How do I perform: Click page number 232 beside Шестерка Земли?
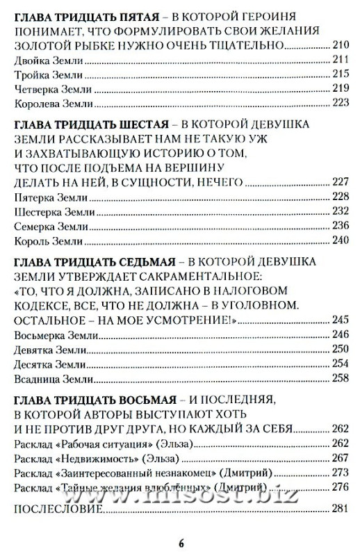coord(338,211)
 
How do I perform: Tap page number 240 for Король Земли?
coord(338,241)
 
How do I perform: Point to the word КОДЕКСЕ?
coord(42,304)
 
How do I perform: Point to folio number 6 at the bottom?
coord(180,544)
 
